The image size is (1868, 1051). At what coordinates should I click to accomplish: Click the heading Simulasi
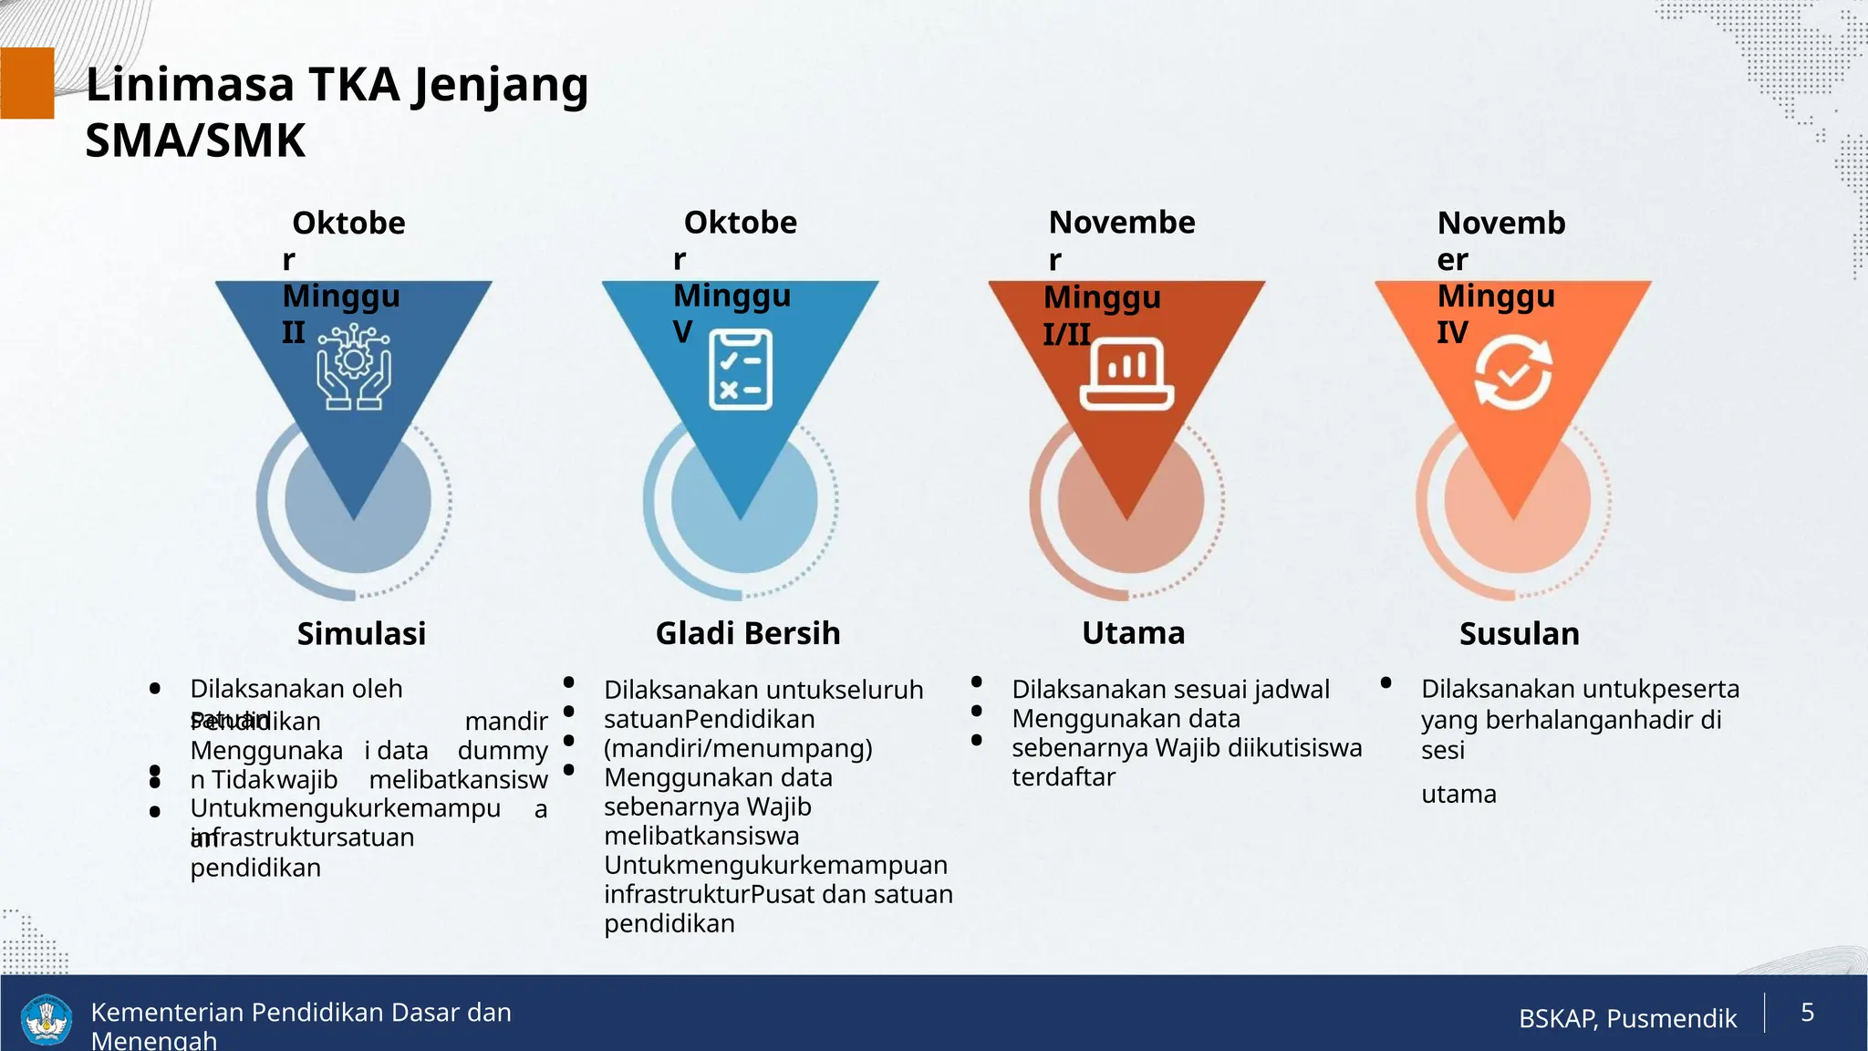coord(361,633)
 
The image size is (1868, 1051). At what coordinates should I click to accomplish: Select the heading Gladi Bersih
coord(747,633)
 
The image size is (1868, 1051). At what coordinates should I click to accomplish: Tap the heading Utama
coord(1133,632)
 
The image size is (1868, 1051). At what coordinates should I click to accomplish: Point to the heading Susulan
coord(1519,633)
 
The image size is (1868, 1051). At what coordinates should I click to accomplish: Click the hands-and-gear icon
coord(354,369)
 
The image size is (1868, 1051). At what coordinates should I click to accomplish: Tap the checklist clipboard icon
coord(741,370)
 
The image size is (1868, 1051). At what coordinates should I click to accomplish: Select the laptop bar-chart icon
coord(1126,373)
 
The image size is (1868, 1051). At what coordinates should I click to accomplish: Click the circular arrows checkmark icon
coord(1513,372)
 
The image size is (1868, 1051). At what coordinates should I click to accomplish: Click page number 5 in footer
coord(1807,1012)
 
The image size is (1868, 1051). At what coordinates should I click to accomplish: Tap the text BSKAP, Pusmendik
coord(1627,1018)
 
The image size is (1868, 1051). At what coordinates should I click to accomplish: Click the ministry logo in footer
coord(46,1019)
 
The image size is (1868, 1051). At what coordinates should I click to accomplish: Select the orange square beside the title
coord(26,83)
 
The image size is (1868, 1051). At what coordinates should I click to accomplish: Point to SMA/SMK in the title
coord(195,141)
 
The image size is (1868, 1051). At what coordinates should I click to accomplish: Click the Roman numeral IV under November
coord(1452,332)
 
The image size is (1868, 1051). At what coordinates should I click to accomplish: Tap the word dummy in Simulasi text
coord(502,750)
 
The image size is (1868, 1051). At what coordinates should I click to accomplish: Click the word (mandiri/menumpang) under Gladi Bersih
coord(737,748)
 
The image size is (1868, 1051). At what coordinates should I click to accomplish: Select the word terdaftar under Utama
coord(1063,777)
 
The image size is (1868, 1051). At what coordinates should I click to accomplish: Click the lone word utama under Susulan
coord(1458,794)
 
